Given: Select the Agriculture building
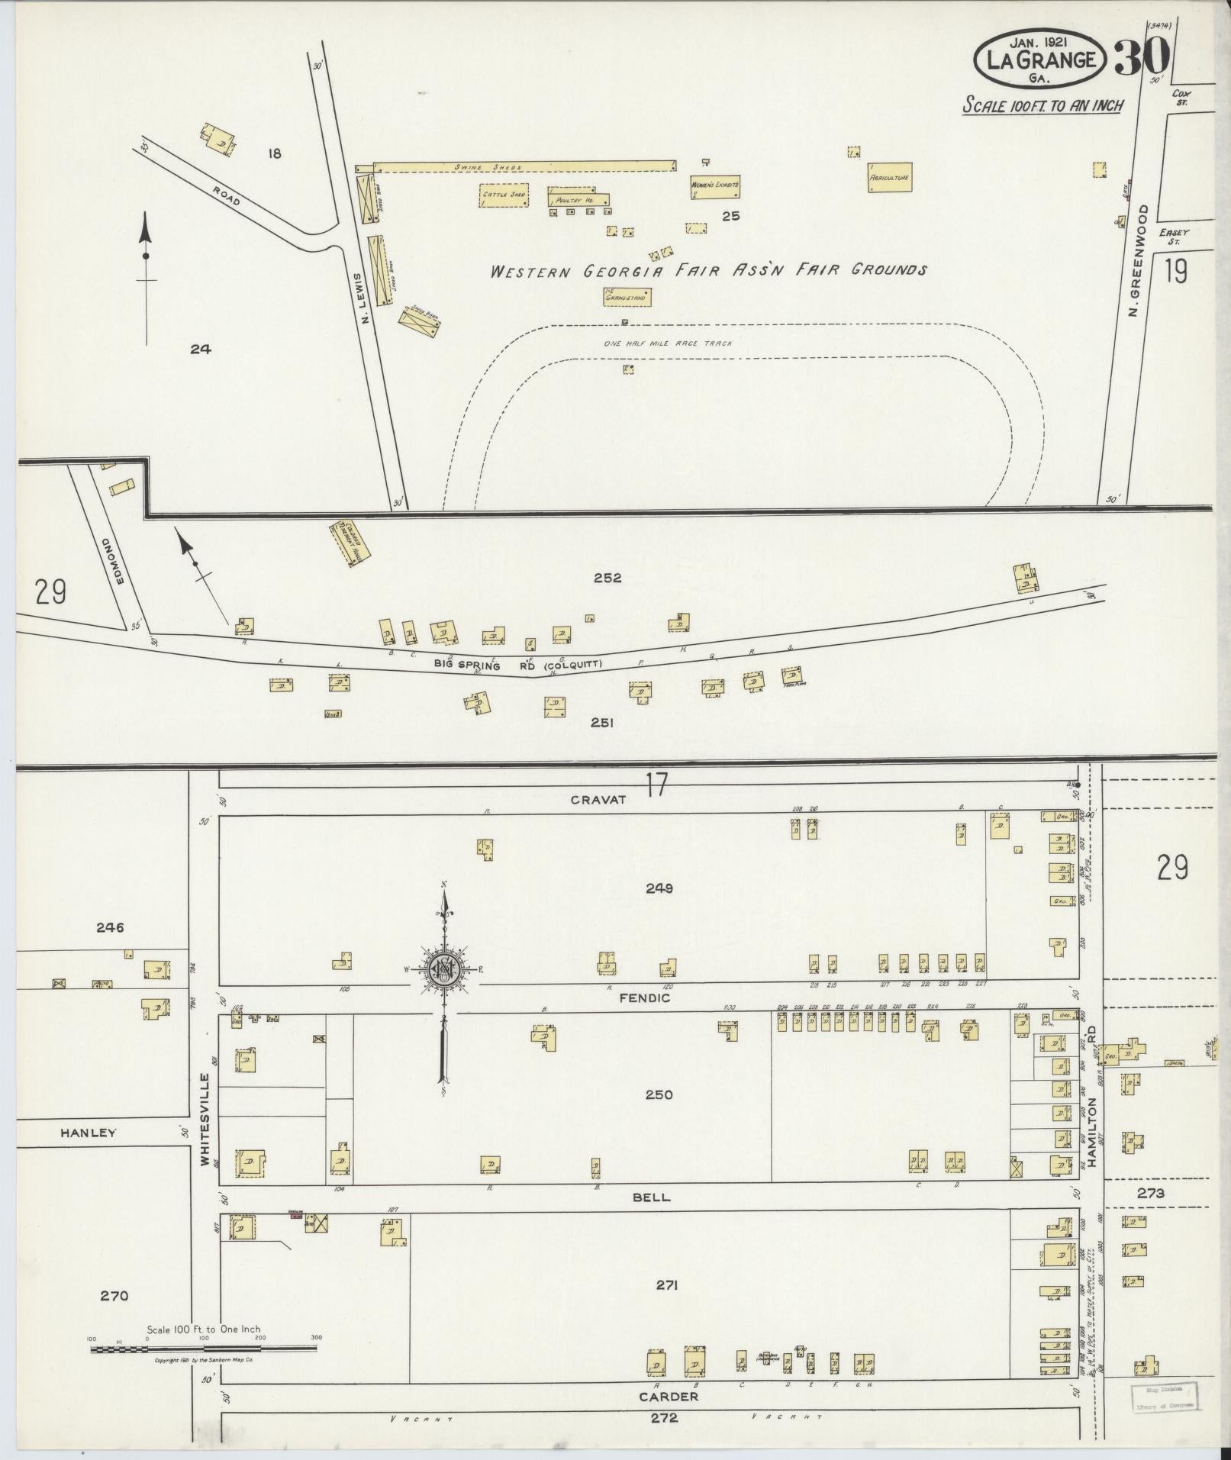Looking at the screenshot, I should (x=890, y=177).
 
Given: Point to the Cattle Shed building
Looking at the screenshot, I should (x=504, y=195).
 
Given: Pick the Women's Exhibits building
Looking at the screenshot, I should (x=714, y=186).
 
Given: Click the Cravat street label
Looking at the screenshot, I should (x=598, y=800).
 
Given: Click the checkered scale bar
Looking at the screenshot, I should (x=203, y=1349).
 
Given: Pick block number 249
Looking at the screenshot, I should (x=658, y=888).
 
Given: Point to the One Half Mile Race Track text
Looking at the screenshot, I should (x=668, y=343).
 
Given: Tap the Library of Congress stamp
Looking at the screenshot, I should (x=1163, y=1395).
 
